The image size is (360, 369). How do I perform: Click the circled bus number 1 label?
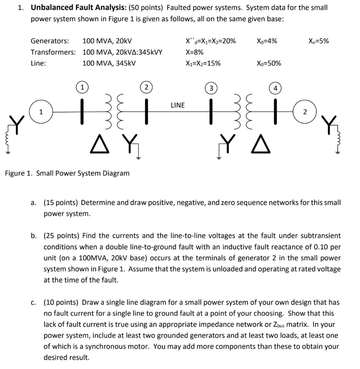click(x=82, y=86)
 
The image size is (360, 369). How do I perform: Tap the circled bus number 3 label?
click(x=211, y=88)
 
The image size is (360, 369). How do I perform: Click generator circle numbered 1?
click(x=41, y=112)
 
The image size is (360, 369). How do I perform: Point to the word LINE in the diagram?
click(x=177, y=105)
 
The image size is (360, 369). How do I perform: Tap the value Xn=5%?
click(x=319, y=41)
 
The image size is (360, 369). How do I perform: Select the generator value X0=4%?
click(x=267, y=41)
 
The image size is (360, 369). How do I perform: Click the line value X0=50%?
click(x=269, y=63)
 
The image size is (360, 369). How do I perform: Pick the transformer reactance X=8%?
click(x=194, y=52)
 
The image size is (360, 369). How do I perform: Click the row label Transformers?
click(x=53, y=52)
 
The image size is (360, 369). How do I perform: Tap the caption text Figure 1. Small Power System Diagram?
click(x=67, y=173)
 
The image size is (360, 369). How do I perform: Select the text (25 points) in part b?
click(x=61, y=236)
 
